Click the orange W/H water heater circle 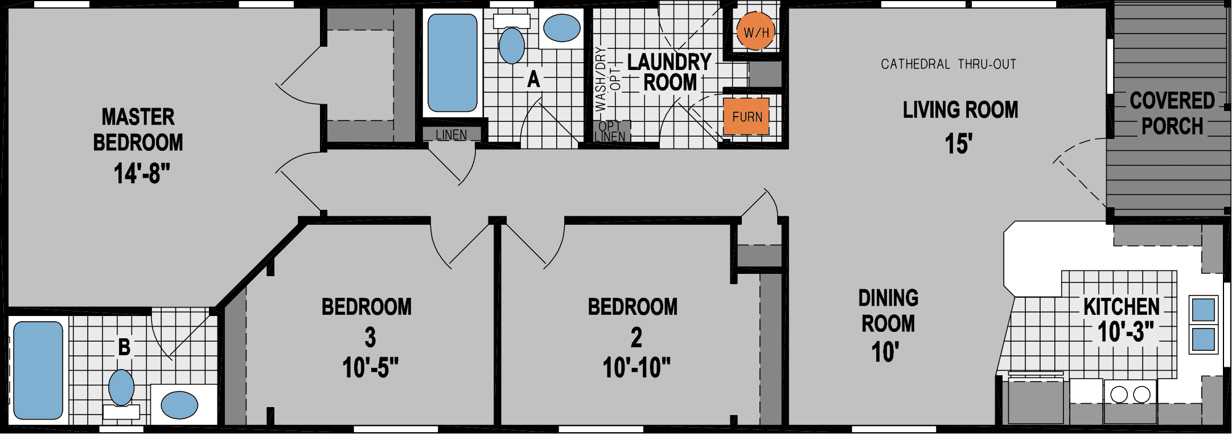(755, 32)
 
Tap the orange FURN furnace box (746, 117)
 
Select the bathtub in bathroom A (452, 63)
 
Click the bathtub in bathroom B (38, 370)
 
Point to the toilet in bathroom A (511, 44)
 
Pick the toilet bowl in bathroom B (121, 388)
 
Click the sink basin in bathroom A (561, 28)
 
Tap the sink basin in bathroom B (179, 405)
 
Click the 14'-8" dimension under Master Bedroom (142, 173)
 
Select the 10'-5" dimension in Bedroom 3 (370, 368)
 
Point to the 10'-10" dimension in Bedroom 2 (636, 368)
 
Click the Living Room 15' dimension (959, 143)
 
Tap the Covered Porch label (1172, 113)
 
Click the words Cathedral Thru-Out (948, 64)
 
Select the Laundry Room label (670, 72)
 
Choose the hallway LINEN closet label (451, 135)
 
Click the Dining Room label (888, 311)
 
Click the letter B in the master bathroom (124, 347)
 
